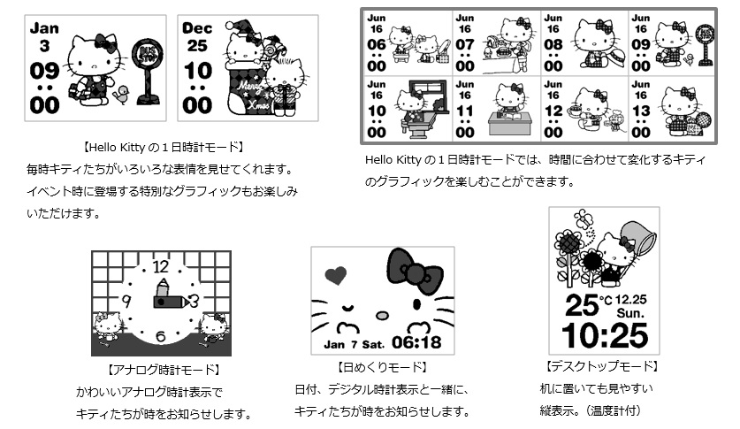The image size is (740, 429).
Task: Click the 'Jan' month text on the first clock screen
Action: coord(44,27)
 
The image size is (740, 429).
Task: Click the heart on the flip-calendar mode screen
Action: coord(335,275)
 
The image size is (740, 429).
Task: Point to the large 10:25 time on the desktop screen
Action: coord(605,335)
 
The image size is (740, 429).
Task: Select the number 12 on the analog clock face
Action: coord(161,265)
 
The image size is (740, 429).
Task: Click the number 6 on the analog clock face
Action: coord(161,337)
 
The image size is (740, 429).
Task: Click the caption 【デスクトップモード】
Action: coord(603,365)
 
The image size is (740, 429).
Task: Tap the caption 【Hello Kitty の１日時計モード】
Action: coord(162,146)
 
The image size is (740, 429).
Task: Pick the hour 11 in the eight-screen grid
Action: coord(465,112)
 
